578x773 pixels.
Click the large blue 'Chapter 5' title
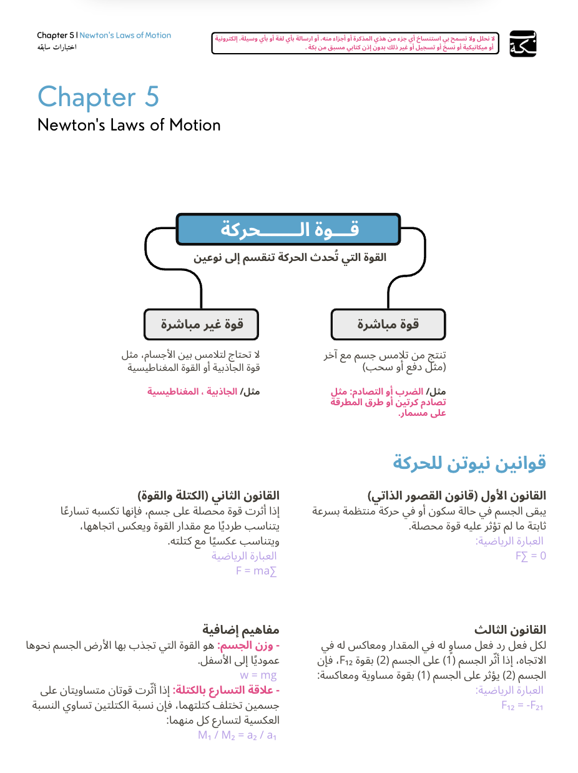98,97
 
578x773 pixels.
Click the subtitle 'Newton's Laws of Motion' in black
129,125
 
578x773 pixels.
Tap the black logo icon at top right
522,44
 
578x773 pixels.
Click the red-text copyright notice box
355,43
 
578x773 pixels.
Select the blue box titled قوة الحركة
288,229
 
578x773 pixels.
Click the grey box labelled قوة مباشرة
388,324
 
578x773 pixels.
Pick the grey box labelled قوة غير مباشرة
201,324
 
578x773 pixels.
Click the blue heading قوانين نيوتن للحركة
469,463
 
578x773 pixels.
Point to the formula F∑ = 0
531,556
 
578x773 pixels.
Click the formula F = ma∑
256,571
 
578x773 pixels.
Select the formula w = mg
258,675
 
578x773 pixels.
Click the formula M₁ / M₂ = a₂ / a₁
237,735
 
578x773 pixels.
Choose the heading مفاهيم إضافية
240,629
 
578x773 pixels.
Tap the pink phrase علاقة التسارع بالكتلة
225,690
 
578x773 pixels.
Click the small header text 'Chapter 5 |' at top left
57,36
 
